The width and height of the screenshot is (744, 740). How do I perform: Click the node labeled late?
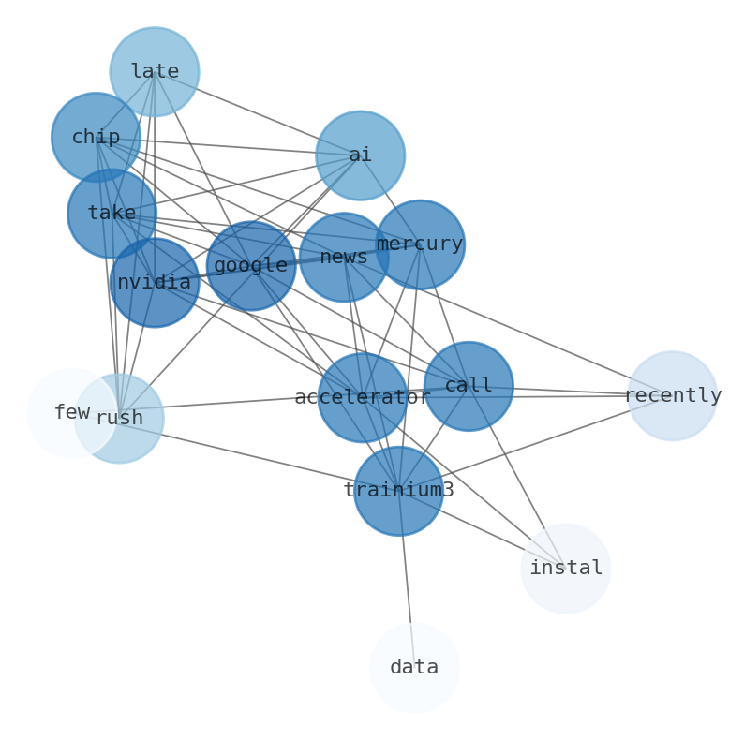pyautogui.click(x=155, y=71)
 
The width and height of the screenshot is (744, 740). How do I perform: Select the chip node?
pyautogui.click(x=96, y=137)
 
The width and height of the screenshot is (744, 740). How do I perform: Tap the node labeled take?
pyautogui.click(x=112, y=213)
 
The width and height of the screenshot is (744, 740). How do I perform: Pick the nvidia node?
pyautogui.click(x=155, y=282)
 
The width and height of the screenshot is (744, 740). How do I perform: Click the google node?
pyautogui.click(x=250, y=265)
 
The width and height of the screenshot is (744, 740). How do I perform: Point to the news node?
pyautogui.click(x=344, y=257)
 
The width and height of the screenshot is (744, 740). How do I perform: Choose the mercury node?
pyautogui.click(x=420, y=244)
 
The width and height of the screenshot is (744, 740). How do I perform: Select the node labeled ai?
pyautogui.click(x=360, y=155)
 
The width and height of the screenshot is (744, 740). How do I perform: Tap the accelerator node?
pyautogui.click(x=362, y=397)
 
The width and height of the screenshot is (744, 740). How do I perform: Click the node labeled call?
pyautogui.click(x=469, y=386)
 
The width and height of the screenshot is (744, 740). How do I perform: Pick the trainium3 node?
pyautogui.click(x=398, y=490)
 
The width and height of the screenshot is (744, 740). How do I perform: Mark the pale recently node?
pyautogui.click(x=672, y=395)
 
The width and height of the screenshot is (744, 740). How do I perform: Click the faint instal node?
pyautogui.click(x=566, y=569)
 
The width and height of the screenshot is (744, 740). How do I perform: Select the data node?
pyautogui.click(x=414, y=668)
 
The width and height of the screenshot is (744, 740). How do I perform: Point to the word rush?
pyautogui.click(x=120, y=419)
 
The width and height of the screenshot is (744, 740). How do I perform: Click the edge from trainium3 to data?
pyautogui.click(x=406, y=576)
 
